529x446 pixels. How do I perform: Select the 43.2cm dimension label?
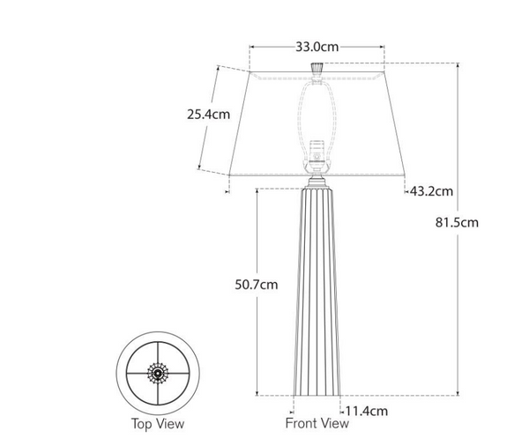[x=432, y=190]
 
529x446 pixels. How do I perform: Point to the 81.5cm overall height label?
[x=481, y=222]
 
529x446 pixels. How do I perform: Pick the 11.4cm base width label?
[x=366, y=411]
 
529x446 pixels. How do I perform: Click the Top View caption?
[x=158, y=424]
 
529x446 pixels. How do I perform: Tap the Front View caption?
[x=317, y=424]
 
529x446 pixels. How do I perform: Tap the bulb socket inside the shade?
[x=318, y=154]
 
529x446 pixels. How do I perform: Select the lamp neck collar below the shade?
[x=318, y=183]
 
